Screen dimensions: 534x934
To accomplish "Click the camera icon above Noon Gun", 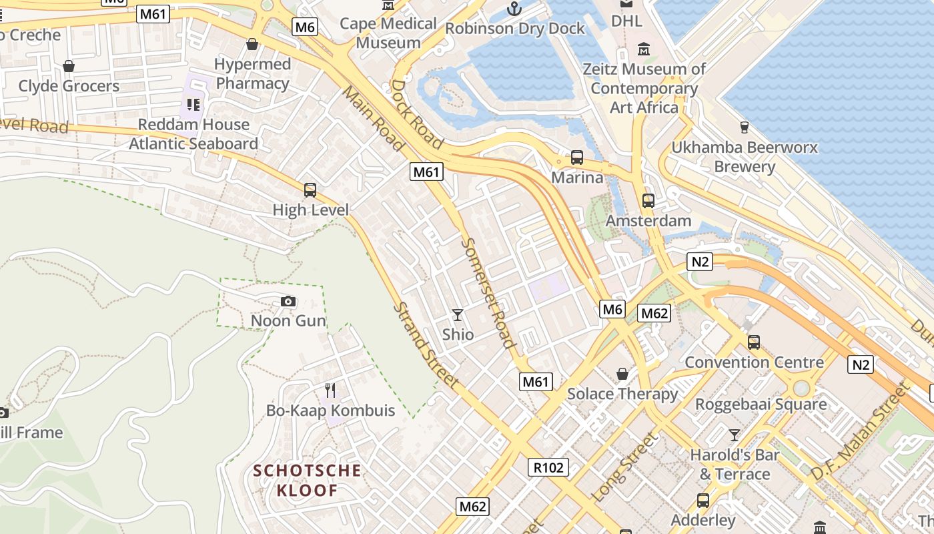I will pos(288,302).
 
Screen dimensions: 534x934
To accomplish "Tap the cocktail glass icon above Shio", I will pos(458,314).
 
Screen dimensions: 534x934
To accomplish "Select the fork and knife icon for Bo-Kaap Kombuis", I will pos(330,390).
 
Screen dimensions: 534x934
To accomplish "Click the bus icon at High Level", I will pos(310,190).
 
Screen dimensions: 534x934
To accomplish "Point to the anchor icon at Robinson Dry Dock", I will pos(514,9).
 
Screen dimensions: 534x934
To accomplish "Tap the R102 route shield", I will pos(548,467).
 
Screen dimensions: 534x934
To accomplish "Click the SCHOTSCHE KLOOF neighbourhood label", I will pos(307,481).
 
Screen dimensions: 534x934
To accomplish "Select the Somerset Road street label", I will pos(488,293).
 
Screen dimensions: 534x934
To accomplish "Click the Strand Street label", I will pos(426,345).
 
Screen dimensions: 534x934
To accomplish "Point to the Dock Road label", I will pos(417,113).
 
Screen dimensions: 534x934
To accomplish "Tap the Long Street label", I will pos(624,467).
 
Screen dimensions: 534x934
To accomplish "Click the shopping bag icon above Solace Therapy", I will pos(622,374).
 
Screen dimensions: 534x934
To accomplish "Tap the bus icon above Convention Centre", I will pos(754,342).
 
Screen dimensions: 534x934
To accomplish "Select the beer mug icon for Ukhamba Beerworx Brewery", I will pos(745,127).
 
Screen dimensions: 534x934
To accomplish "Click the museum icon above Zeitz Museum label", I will pos(644,49).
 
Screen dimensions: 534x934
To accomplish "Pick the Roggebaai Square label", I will pos(761,405).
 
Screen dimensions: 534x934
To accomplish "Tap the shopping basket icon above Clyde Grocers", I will pos(68,66).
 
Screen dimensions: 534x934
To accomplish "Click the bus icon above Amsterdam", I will pos(648,200).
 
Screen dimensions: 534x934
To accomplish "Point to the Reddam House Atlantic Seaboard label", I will pos(193,133).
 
